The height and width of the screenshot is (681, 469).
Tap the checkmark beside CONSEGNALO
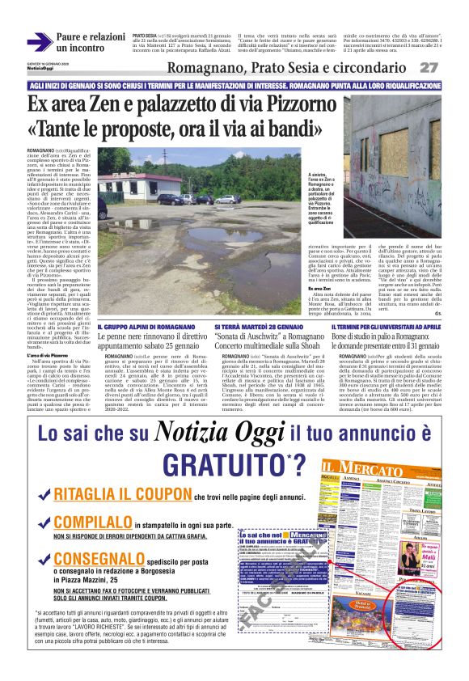42,559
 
